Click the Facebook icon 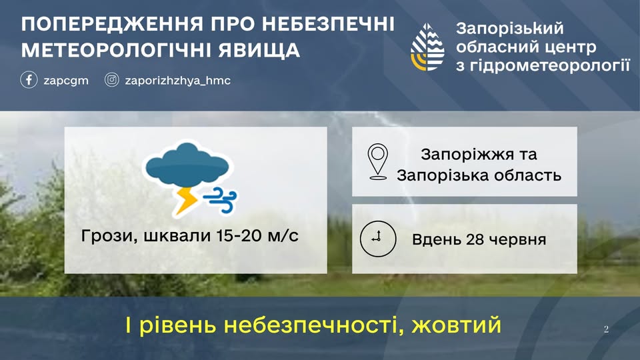pyautogui.click(x=29, y=79)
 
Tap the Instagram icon pyautogui.click(x=111, y=79)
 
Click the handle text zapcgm pyautogui.click(x=66, y=81)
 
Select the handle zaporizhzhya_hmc pyautogui.click(x=177, y=81)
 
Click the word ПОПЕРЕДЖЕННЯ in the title pyautogui.click(x=112, y=25)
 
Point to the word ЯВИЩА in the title pyautogui.click(x=259, y=50)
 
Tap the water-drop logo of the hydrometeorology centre pyautogui.click(x=427, y=47)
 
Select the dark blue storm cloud pyautogui.click(x=187, y=165)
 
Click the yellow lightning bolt pyautogui.click(x=186, y=201)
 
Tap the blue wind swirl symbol pyautogui.click(x=221, y=200)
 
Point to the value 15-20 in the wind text pyautogui.click(x=239, y=235)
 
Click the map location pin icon pyautogui.click(x=378, y=161)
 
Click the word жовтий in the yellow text pyautogui.click(x=456, y=325)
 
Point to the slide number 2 pyautogui.click(x=606, y=329)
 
